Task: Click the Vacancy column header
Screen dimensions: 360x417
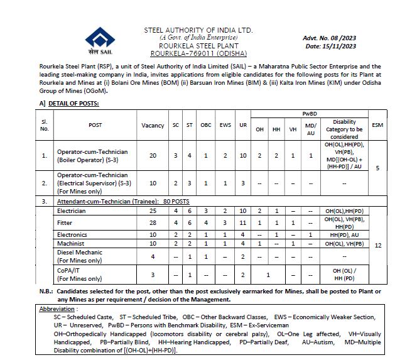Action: pos(153,125)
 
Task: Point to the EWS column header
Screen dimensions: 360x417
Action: pos(225,125)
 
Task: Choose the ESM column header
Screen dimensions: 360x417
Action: pos(377,125)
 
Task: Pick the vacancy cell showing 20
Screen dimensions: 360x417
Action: pos(153,155)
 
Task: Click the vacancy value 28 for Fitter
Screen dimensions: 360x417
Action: pos(153,222)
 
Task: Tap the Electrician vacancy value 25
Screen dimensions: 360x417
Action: pos(153,211)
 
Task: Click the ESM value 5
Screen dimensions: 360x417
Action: pos(377,168)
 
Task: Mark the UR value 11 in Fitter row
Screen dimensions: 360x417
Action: pos(243,222)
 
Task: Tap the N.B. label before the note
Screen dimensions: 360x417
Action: pos(45,292)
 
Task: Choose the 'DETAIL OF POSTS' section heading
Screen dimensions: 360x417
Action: pos(73,102)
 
